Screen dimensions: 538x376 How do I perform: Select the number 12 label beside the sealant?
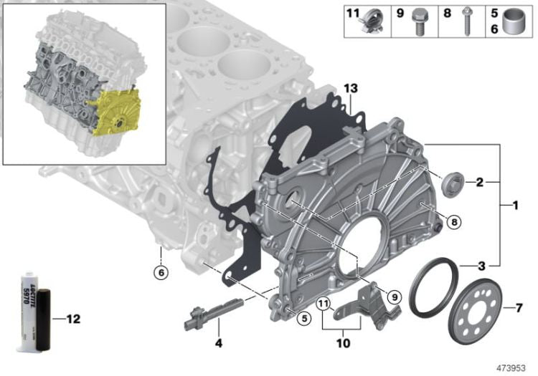tap(72, 319)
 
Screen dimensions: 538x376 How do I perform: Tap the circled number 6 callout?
tap(161, 273)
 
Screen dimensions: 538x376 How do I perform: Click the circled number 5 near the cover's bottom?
tap(303, 319)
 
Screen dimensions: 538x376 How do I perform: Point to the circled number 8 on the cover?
tap(454, 223)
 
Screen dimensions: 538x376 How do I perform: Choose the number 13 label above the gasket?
tap(351, 89)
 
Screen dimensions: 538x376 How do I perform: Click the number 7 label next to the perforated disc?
tap(519, 308)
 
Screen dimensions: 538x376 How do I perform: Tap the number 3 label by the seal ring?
tap(482, 266)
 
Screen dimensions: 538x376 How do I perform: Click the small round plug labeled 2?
tap(453, 185)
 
